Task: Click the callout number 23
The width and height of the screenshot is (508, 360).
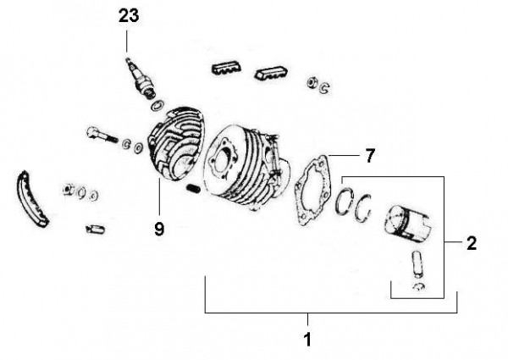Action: (129, 16)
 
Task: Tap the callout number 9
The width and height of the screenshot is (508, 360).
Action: (159, 229)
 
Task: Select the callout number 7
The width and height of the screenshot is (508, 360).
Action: (370, 156)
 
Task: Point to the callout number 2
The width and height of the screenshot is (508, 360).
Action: (472, 243)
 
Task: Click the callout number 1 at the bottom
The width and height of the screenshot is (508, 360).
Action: (307, 340)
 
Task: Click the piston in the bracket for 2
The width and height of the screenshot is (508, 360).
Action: (407, 223)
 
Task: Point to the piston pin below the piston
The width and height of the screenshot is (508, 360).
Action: (417, 264)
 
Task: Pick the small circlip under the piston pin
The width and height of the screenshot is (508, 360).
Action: (419, 286)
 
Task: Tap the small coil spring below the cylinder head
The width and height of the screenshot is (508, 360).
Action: (194, 189)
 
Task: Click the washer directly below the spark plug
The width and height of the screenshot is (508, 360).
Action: (157, 105)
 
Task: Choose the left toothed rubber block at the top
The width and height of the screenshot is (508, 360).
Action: (226, 68)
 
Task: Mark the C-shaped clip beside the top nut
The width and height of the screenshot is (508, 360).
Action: (323, 87)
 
